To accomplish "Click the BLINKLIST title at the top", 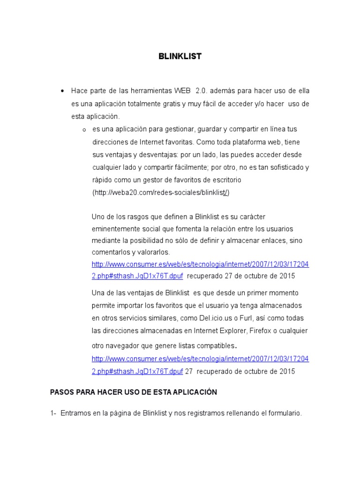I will (180, 56).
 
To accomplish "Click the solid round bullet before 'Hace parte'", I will (62, 90).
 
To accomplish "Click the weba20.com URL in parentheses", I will (161, 193).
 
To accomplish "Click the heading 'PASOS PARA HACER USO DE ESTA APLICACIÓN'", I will (134, 392).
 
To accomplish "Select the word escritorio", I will (225, 180).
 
